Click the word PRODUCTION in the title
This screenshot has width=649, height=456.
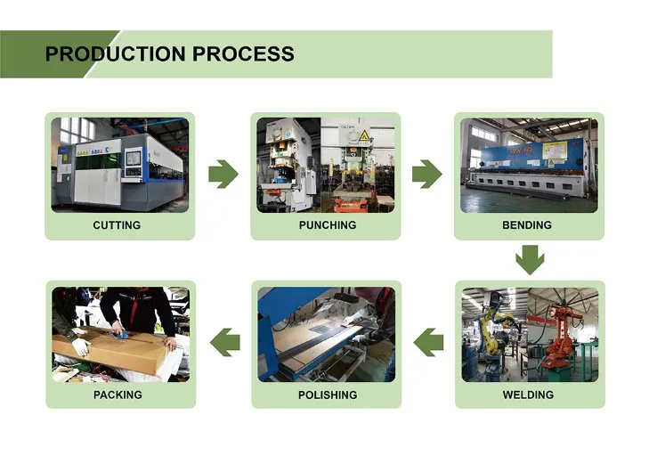click(108, 53)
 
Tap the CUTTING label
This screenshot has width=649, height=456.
click(117, 225)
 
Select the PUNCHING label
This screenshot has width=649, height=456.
click(327, 225)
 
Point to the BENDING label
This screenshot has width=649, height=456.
click(527, 225)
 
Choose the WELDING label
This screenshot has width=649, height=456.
click(528, 395)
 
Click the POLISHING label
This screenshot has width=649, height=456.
click(327, 395)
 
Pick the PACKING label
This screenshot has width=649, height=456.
click(118, 395)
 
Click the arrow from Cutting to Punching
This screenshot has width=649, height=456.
click(223, 174)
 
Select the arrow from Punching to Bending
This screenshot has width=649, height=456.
click(426, 174)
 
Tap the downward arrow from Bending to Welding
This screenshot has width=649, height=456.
click(529, 261)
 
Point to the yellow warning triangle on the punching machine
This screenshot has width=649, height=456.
click(362, 136)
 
